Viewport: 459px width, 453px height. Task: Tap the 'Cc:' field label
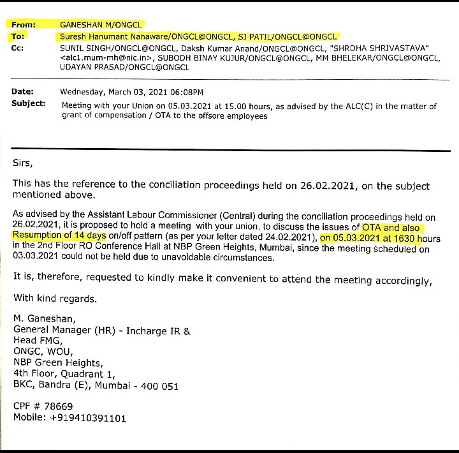(x=18, y=48)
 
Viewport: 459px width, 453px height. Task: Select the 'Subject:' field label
(x=29, y=103)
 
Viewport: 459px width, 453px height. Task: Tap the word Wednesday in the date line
(x=86, y=92)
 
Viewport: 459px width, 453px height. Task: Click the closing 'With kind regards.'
(x=56, y=298)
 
